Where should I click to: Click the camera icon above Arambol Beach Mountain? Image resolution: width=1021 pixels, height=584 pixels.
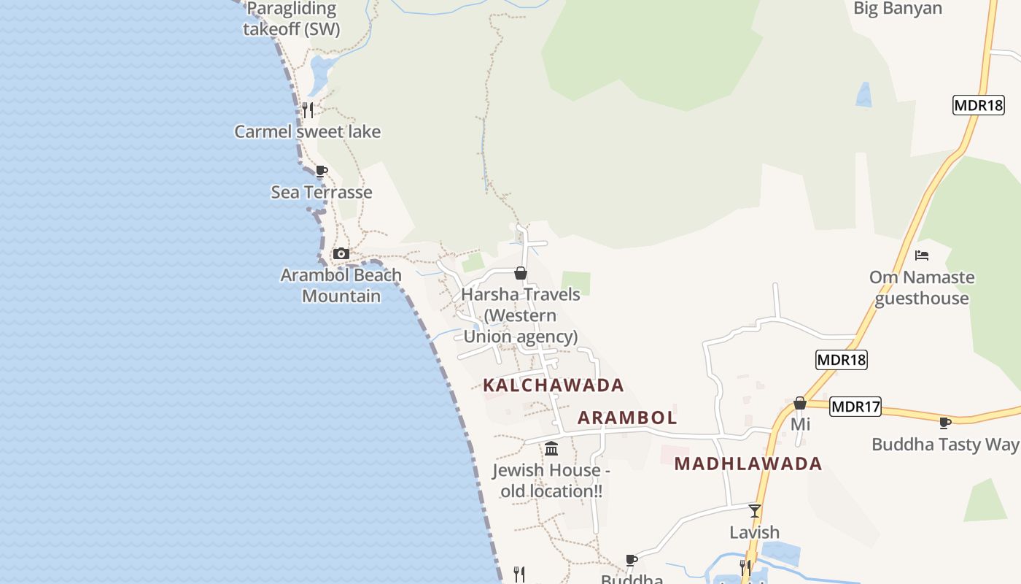[x=341, y=254]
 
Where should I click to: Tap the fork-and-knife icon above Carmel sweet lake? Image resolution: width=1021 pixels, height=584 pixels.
[x=308, y=110]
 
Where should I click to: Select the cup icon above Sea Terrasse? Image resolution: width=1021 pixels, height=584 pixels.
[x=321, y=172]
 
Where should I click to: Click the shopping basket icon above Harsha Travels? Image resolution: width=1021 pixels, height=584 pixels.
[x=521, y=273]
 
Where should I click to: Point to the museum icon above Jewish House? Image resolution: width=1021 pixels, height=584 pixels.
[x=551, y=448]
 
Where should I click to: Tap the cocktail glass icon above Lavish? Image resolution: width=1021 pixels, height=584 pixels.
[x=755, y=510]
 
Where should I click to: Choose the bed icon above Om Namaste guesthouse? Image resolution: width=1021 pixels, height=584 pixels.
[x=922, y=255]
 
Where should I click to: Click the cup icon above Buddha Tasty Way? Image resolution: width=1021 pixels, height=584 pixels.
[x=945, y=423]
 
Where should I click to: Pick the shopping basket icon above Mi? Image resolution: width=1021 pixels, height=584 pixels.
[x=800, y=403]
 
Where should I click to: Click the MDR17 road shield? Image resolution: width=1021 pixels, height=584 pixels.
[x=855, y=407]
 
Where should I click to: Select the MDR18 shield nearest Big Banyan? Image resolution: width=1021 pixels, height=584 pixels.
[x=979, y=105]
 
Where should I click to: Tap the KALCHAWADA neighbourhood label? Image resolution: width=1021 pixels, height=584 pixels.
[x=554, y=385]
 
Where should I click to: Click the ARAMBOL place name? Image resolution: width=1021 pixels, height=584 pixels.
[x=627, y=418]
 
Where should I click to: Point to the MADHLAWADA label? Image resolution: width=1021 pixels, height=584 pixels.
[x=748, y=464]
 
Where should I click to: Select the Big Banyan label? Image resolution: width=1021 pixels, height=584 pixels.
[x=898, y=9]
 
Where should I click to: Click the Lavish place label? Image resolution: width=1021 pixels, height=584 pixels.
[x=755, y=532]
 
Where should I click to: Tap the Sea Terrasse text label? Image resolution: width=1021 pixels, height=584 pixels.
[x=322, y=192]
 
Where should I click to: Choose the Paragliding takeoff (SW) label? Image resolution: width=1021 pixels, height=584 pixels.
[x=292, y=20]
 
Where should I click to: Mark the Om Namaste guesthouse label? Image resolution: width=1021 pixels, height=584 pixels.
[x=922, y=288]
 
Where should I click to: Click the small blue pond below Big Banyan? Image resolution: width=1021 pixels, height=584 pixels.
[x=864, y=95]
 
